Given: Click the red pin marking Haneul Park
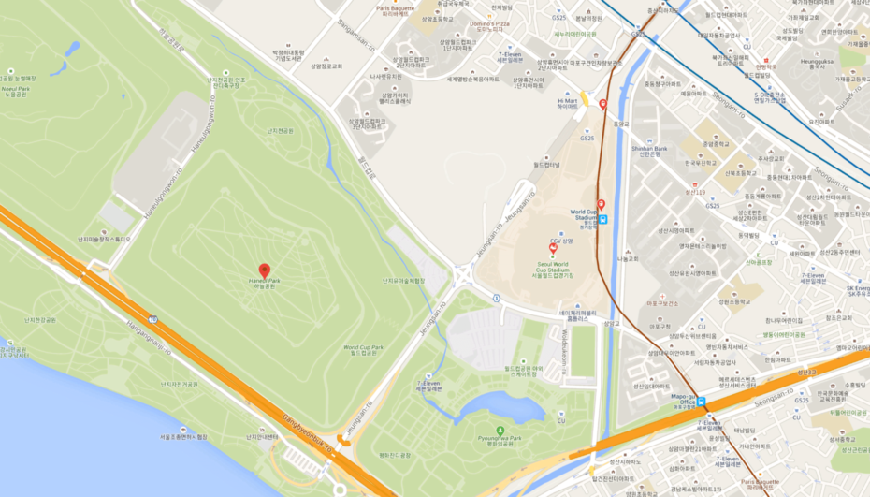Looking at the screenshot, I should point(264,270).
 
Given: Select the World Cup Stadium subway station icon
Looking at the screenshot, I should point(603,221).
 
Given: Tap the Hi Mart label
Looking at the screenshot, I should point(567,103).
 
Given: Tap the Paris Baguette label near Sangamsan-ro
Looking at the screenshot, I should point(395,9).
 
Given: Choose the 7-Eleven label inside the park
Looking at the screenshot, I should point(428,385).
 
